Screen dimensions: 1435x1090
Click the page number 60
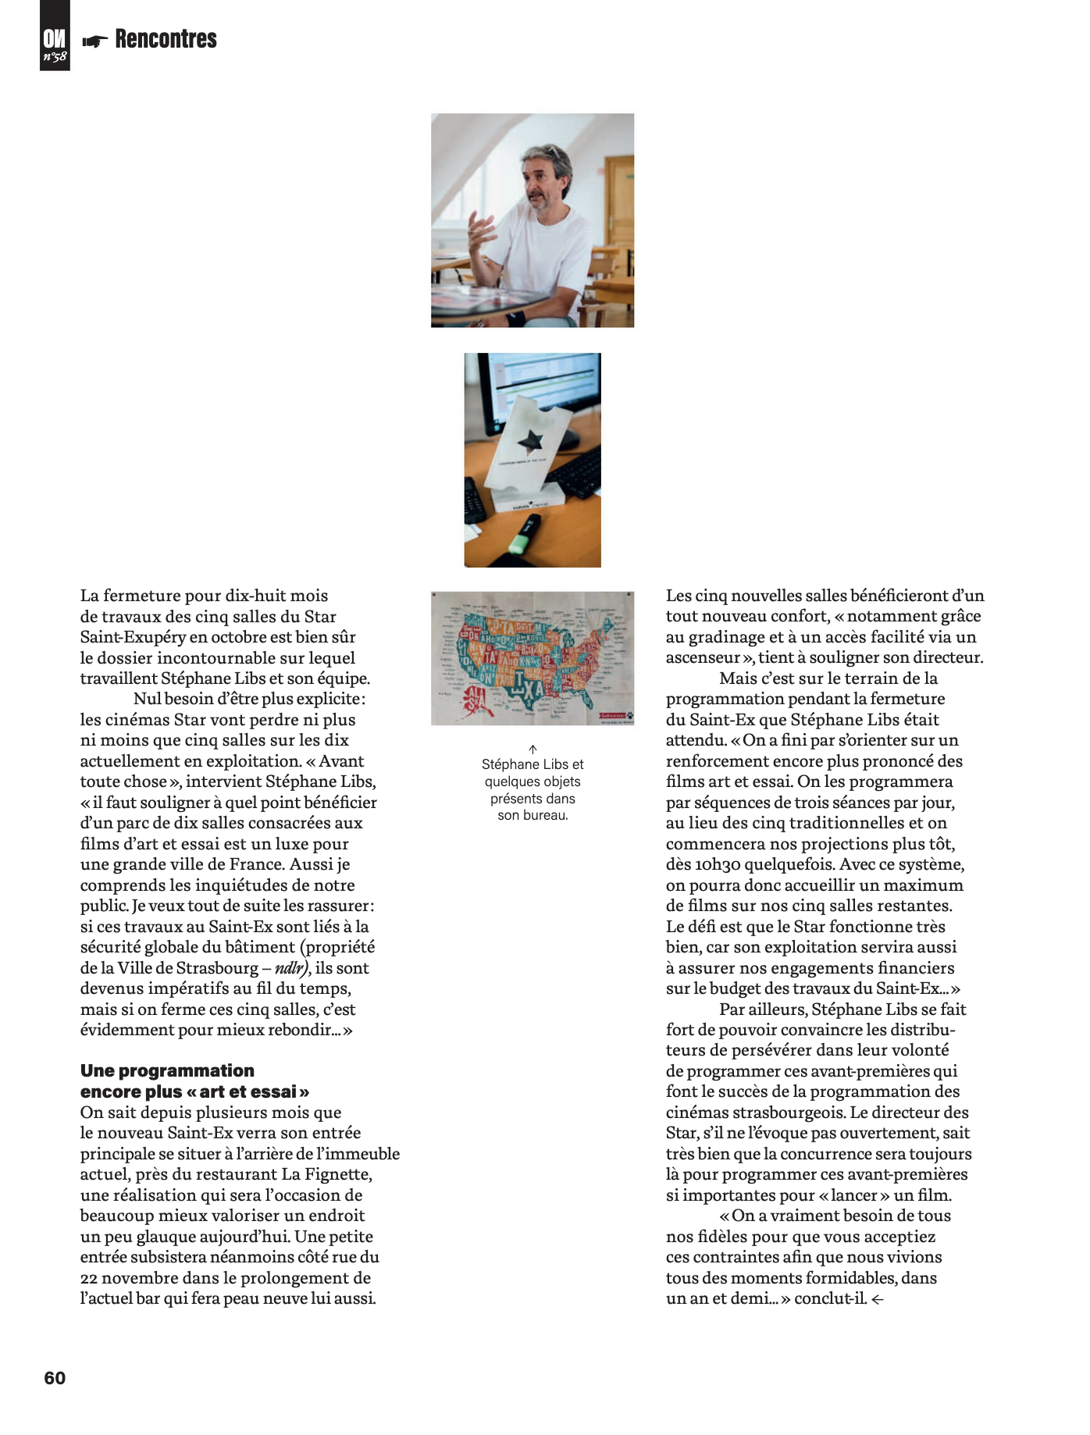coord(55,1378)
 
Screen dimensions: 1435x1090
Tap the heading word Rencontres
coord(166,39)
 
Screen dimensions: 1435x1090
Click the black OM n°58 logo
coord(55,36)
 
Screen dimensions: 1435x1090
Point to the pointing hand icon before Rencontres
coord(95,41)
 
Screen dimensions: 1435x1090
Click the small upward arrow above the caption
coord(533,749)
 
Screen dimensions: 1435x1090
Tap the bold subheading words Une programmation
coord(167,1070)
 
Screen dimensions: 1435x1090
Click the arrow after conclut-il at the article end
coord(878,1300)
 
